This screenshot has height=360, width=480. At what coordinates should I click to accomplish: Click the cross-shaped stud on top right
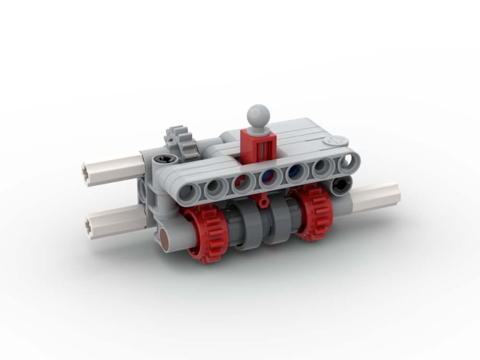336,141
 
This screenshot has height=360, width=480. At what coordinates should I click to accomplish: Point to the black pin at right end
341,185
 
